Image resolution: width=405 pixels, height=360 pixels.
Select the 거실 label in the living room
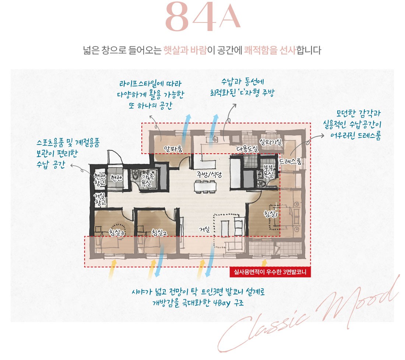tap(204, 229)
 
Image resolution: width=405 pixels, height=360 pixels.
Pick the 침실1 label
tap(272, 213)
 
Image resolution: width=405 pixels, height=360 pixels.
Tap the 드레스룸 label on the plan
tap(290, 161)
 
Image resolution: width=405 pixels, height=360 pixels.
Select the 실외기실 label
tap(271, 142)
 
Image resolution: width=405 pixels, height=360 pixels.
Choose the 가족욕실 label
tap(147, 179)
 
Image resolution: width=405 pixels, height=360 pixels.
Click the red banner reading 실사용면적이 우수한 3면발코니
tap(270, 272)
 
